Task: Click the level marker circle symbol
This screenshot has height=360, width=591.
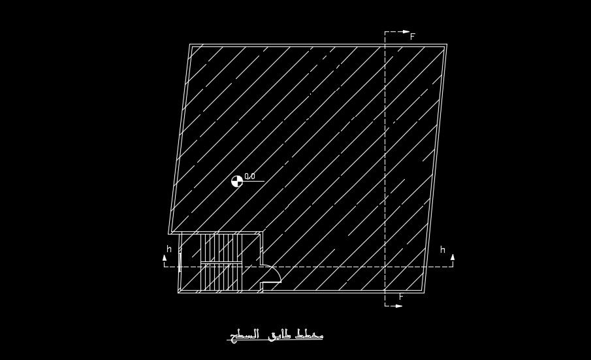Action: coord(236,181)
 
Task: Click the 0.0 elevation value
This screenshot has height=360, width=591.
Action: coord(249,176)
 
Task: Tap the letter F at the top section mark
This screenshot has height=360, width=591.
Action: coord(413,37)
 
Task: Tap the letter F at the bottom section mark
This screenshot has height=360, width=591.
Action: coord(401,297)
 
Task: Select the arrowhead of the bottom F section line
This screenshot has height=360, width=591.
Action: coord(400,305)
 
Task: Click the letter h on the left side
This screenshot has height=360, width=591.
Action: coord(168,249)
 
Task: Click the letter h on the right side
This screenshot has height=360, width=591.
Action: coord(442,250)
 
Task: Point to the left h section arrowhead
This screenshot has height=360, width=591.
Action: coord(165,258)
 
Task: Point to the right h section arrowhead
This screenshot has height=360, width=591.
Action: coord(452,257)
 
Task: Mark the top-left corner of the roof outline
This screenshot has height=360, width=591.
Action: coord(190,45)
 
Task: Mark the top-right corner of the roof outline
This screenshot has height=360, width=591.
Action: coord(446,45)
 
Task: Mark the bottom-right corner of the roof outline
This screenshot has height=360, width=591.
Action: coord(424,292)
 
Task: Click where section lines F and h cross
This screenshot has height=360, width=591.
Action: coord(385,267)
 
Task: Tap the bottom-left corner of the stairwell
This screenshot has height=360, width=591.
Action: coord(179,292)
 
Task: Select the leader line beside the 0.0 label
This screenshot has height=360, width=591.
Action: coord(255,181)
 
